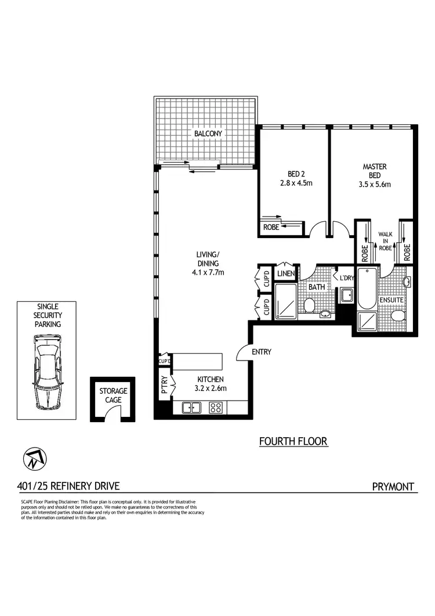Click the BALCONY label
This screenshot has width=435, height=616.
pyautogui.click(x=208, y=134)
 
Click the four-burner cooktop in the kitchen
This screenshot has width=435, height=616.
pyautogui.click(x=216, y=408)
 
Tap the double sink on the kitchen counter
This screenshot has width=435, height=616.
pyautogui.click(x=191, y=408)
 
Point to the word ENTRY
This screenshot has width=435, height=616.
pyautogui.click(x=262, y=352)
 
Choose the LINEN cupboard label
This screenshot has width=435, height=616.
pyautogui.click(x=286, y=273)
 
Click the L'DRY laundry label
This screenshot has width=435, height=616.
pyautogui.click(x=347, y=278)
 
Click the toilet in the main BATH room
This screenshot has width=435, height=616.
pyautogui.click(x=309, y=305)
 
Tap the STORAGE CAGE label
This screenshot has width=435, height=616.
pyautogui.click(x=113, y=395)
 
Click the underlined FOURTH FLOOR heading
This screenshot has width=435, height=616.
pyautogui.click(x=293, y=442)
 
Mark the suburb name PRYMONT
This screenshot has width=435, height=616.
pyautogui.click(x=393, y=487)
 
